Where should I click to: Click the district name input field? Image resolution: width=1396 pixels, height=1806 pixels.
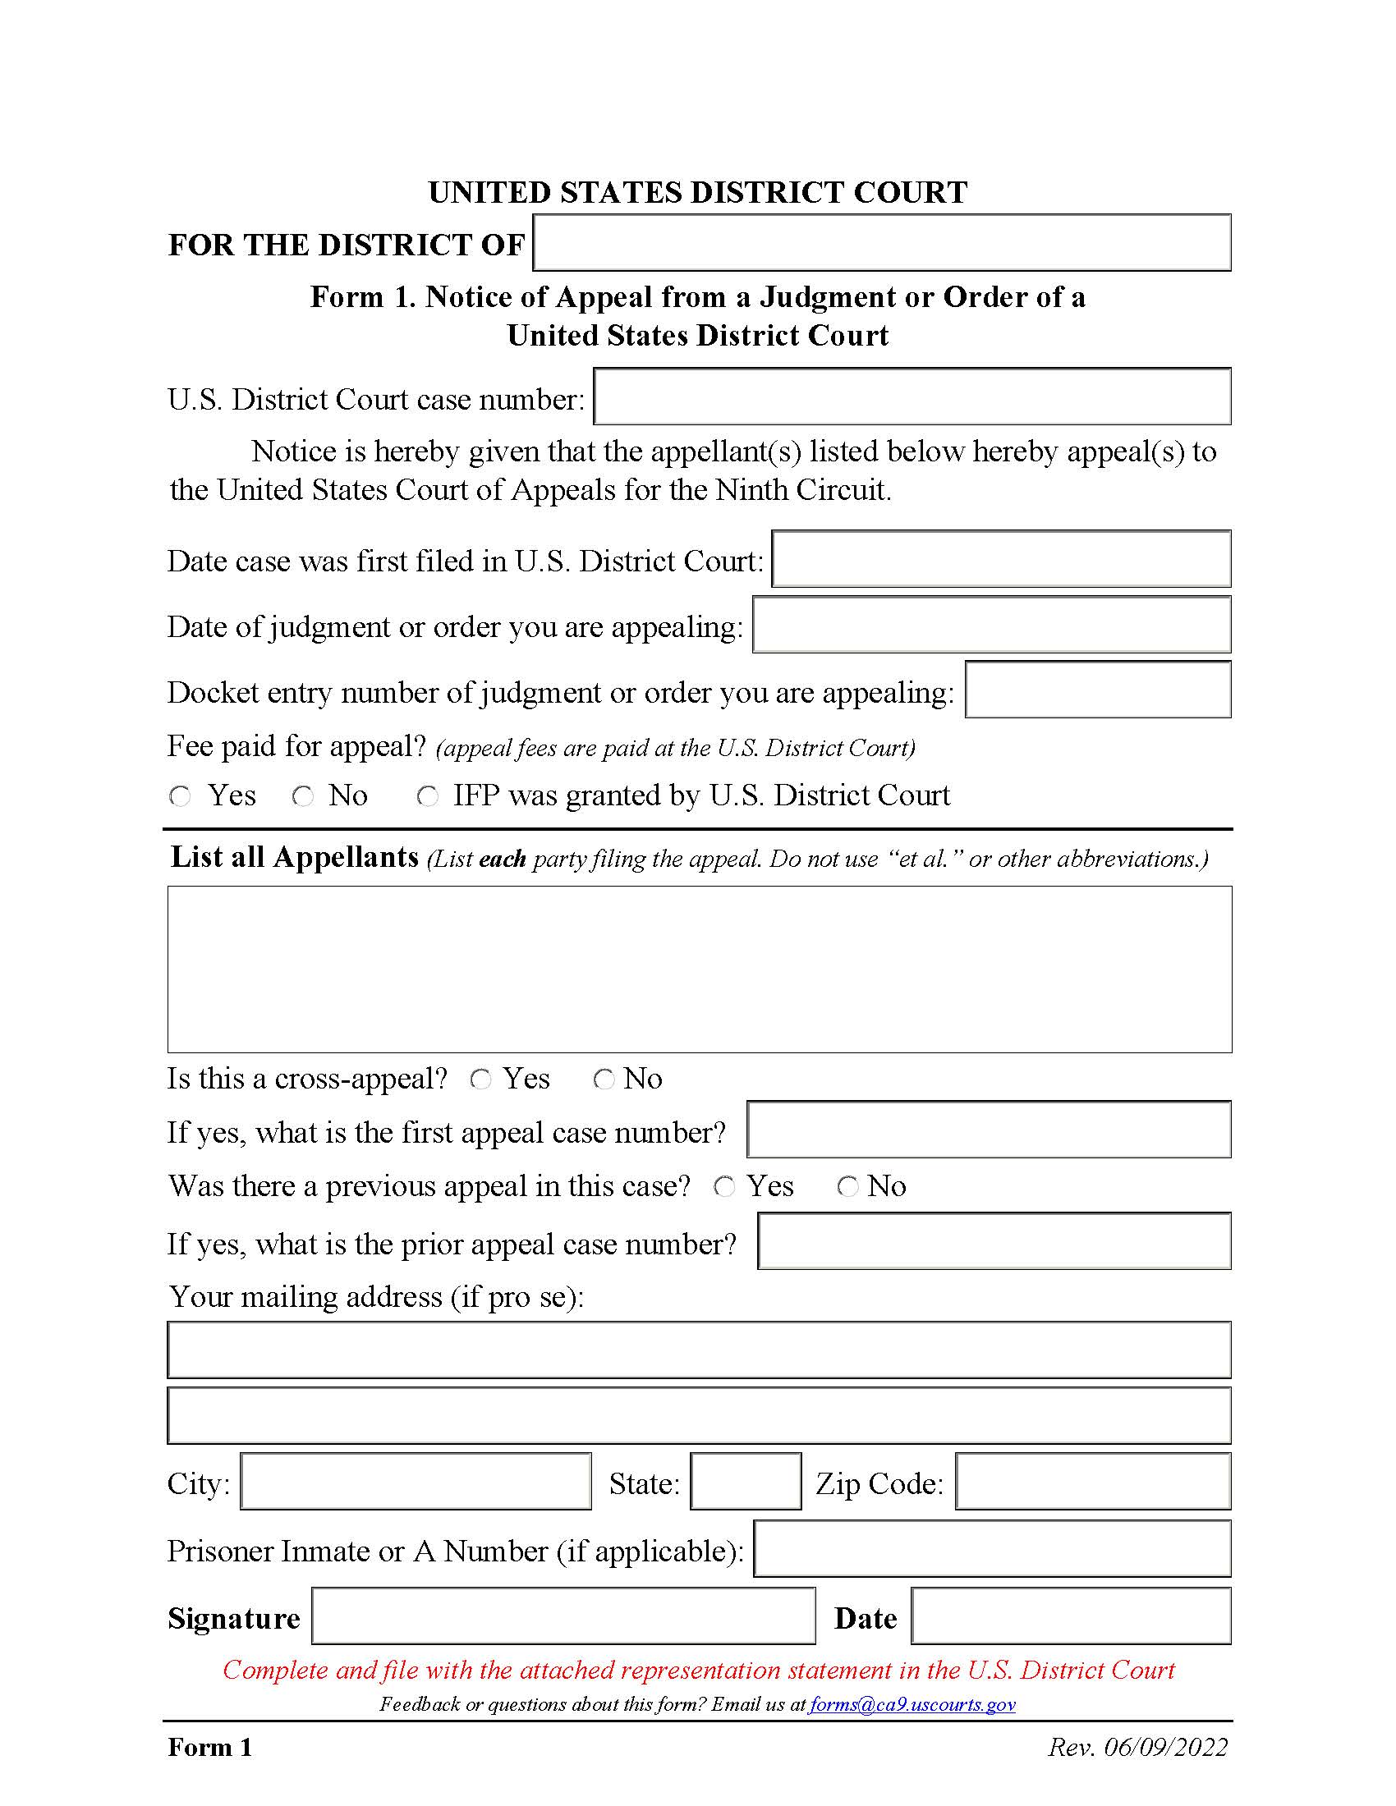click(882, 243)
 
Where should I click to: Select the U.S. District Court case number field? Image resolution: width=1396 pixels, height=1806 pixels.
click(912, 397)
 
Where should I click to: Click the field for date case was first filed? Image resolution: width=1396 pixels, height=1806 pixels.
click(1001, 560)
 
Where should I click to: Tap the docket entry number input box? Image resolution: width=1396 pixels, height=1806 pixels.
click(1097, 690)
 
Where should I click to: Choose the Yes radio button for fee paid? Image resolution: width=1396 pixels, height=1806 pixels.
click(181, 796)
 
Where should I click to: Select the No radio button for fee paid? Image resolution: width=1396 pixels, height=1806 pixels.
click(304, 796)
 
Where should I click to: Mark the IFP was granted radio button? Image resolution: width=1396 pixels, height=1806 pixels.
click(428, 796)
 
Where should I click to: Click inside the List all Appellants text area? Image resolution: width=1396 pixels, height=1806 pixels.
click(699, 969)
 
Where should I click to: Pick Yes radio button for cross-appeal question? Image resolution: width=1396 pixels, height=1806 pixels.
click(480, 1079)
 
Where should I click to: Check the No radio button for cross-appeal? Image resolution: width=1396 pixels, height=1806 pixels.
click(604, 1079)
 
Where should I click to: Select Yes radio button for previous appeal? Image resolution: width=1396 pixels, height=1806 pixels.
click(724, 1187)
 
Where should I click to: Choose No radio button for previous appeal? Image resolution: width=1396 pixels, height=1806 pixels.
click(847, 1187)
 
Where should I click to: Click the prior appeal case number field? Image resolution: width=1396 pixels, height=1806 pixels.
click(994, 1240)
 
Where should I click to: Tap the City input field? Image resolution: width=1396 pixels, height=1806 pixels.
click(416, 1481)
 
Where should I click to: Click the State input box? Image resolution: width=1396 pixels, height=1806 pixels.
click(745, 1481)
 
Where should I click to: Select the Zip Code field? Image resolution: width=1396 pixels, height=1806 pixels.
click(1092, 1481)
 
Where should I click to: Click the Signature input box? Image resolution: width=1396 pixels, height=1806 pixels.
click(563, 1616)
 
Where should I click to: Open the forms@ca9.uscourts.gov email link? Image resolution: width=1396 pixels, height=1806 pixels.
click(912, 1704)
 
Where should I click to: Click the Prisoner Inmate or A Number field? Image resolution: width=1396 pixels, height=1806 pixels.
click(992, 1549)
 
